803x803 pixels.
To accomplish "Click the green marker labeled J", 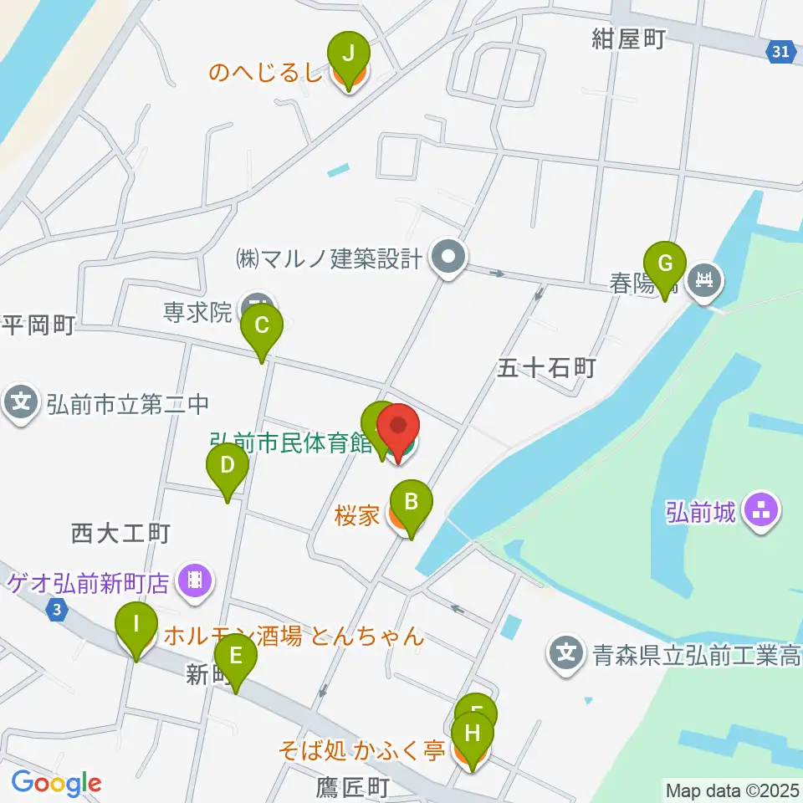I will pos(350,56).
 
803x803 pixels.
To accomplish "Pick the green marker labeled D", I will pos(227,467).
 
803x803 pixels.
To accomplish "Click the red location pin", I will pos(399,430).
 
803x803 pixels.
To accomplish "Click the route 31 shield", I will pos(780,52).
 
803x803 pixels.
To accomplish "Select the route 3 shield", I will pos(56,611).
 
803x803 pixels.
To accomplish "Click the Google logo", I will pos(56,784).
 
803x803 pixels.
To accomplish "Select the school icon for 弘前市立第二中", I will pos(21,404).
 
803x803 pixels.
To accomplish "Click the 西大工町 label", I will pos(120,533).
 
